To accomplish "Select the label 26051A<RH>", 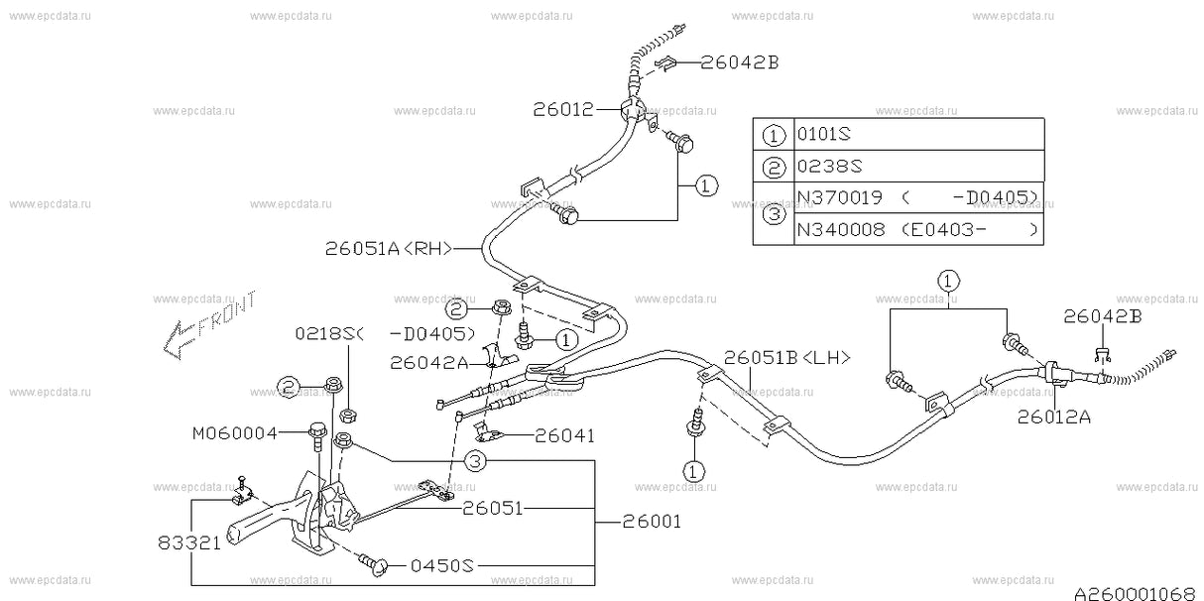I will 388,250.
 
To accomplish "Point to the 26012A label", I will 1053,418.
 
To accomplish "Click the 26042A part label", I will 429,363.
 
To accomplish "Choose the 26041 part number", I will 565,434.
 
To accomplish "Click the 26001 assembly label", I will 652,521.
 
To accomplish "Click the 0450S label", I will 442,566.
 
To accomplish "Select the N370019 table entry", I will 833,196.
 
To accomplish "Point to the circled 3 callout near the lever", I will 475,460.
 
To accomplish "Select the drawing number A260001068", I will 1135,592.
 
